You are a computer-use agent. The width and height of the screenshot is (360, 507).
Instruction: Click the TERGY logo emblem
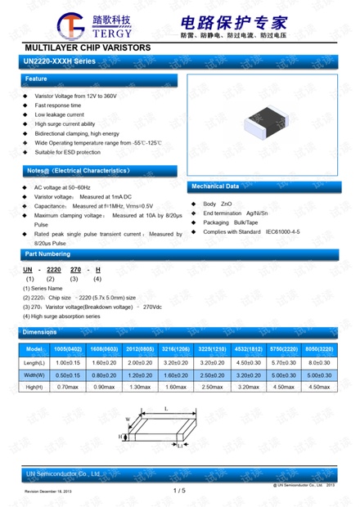(63, 27)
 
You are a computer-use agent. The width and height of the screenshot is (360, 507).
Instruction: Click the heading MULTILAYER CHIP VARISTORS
(88, 48)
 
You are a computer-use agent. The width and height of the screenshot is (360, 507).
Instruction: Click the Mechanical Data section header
(263, 186)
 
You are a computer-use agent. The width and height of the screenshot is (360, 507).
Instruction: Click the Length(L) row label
(34, 361)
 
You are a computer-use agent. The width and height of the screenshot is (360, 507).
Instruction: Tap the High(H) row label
(34, 386)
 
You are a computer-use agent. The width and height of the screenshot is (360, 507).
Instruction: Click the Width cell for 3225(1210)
(212, 374)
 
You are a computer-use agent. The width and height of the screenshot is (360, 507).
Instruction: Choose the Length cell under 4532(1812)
(248, 361)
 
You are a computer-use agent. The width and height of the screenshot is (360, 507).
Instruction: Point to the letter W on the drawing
(128, 420)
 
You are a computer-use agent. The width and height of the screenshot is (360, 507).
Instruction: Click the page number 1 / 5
(180, 490)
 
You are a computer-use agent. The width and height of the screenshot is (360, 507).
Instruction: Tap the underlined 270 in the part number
(75, 269)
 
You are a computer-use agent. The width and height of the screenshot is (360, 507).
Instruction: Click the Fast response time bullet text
(57, 105)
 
